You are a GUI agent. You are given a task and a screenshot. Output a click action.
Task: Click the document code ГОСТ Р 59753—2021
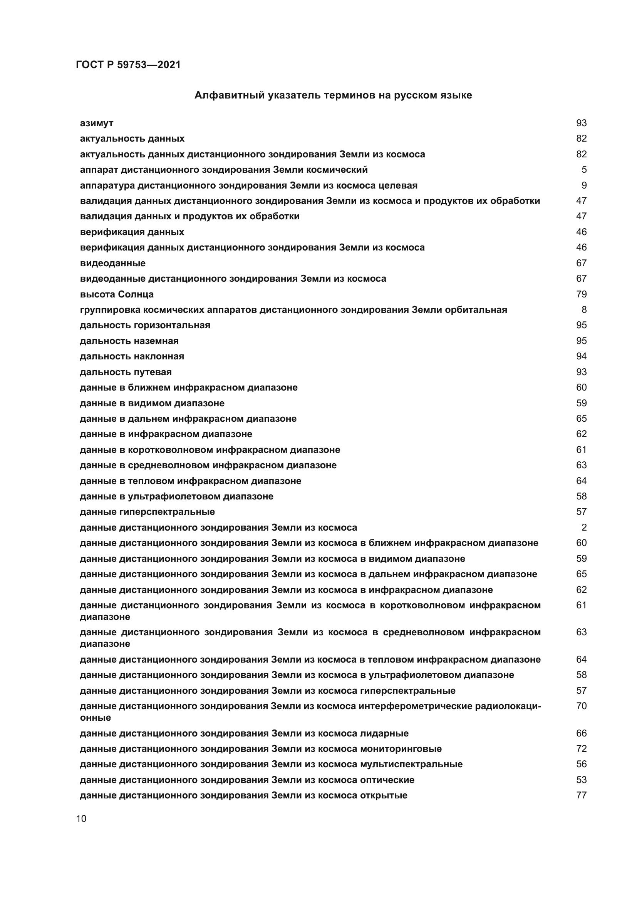[128, 65]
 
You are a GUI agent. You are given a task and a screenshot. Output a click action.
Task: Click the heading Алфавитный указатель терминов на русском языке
[333, 95]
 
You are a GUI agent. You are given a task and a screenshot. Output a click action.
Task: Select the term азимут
[97, 123]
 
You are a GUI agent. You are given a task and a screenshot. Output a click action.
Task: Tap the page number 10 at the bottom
[81, 819]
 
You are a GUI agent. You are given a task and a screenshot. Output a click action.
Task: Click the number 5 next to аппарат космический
[583, 170]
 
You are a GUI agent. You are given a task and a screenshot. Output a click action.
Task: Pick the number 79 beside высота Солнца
[581, 294]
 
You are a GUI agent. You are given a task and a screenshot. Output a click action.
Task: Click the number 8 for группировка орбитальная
[583, 310]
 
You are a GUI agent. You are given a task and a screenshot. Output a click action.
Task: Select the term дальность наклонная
[132, 356]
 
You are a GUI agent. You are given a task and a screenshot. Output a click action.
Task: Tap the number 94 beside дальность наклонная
[581, 356]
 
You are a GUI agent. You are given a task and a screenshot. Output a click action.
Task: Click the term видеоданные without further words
[112, 263]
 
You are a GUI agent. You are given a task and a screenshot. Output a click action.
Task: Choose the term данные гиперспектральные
[147, 512]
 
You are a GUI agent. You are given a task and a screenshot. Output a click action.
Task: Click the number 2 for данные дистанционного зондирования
[583, 528]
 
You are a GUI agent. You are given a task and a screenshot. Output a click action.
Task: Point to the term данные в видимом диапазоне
[152, 403]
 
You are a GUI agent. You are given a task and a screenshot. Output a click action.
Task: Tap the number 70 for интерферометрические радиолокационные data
[581, 706]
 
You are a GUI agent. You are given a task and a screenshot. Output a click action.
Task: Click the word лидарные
[384, 733]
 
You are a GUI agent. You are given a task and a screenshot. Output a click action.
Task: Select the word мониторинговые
[401, 749]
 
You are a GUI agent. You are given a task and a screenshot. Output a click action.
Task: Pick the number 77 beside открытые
[581, 795]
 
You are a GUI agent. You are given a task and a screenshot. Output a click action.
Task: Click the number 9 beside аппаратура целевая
[583, 185]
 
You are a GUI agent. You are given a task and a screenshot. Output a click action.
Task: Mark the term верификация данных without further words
[132, 232]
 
